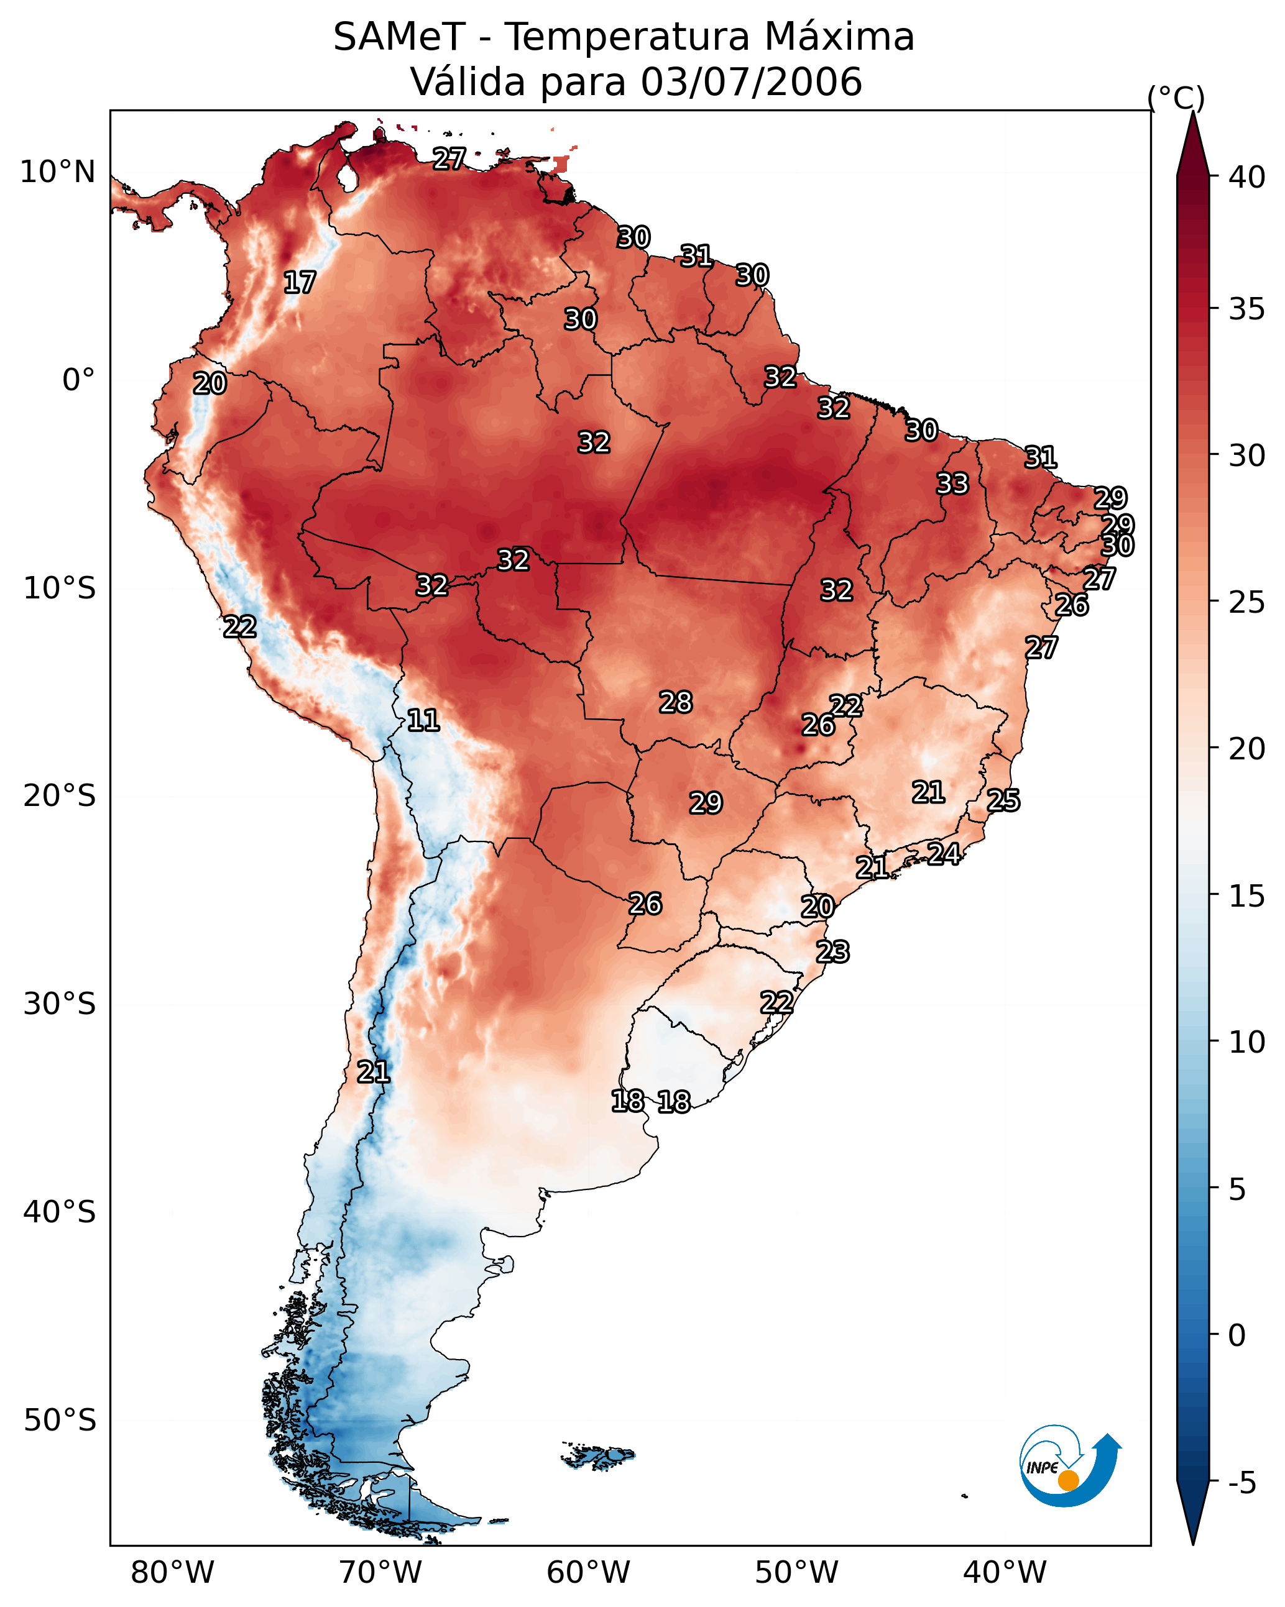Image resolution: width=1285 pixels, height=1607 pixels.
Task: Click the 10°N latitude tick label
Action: [57, 172]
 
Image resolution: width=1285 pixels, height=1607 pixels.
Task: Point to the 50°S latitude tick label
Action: [60, 1421]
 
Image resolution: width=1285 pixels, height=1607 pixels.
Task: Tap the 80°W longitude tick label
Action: [172, 1572]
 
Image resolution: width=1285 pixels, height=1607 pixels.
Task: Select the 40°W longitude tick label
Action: [1005, 1572]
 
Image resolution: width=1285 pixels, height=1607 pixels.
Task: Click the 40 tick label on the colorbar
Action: [1247, 177]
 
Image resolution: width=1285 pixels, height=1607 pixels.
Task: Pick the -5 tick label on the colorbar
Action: [1243, 1483]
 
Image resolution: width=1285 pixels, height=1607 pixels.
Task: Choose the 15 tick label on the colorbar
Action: [1247, 896]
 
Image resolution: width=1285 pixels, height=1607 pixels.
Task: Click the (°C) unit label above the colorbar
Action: [1176, 98]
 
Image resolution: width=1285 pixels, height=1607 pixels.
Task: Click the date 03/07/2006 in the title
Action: [751, 82]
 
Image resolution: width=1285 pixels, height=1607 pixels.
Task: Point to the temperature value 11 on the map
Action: [423, 720]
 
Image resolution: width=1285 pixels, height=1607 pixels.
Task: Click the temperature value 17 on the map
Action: [300, 283]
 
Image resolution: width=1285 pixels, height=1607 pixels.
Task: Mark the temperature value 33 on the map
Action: [952, 483]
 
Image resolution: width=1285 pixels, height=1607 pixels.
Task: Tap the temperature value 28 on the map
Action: [676, 702]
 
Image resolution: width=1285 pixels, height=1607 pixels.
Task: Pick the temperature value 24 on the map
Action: [944, 853]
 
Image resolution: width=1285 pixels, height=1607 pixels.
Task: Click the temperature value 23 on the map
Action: [832, 952]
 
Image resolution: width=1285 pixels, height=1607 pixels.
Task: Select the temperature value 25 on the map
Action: [1003, 800]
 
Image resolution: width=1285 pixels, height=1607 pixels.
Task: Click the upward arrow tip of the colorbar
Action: [1192, 112]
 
